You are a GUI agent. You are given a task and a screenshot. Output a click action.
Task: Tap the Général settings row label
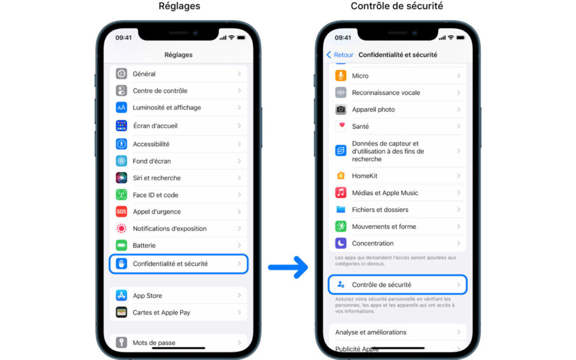144,74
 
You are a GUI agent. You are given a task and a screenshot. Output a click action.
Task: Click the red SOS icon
122,211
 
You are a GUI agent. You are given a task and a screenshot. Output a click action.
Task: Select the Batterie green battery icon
122,245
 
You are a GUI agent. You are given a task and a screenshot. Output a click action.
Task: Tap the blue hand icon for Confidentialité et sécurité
122,264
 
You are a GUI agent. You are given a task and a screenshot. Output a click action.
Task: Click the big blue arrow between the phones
288,267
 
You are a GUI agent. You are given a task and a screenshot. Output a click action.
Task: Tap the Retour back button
340,55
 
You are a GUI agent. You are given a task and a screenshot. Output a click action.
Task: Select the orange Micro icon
341,75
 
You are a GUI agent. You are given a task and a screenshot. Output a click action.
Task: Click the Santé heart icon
341,126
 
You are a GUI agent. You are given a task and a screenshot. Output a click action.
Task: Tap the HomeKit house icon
341,176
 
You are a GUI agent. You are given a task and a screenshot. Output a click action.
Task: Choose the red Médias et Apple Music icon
341,193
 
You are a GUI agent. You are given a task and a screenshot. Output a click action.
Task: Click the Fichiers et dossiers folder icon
341,210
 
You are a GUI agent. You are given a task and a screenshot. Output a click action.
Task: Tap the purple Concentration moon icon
341,243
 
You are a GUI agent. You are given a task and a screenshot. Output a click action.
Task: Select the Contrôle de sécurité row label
382,285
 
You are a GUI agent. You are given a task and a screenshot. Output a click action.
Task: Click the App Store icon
122,295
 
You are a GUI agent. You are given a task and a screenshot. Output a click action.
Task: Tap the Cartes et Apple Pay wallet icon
122,312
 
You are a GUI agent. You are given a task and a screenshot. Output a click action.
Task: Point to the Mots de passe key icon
122,342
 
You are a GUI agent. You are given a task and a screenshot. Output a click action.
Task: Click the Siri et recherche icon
122,178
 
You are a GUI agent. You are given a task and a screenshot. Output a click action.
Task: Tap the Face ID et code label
156,195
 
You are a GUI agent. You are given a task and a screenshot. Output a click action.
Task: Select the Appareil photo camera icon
341,109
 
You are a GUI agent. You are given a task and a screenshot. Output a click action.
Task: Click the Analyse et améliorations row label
370,332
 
